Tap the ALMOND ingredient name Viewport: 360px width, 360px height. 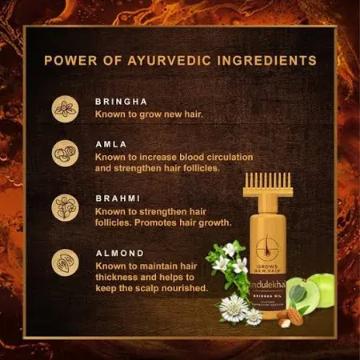121,252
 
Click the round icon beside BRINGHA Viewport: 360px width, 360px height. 64,110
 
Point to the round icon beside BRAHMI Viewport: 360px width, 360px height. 64,206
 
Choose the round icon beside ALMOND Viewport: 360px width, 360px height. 64,261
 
